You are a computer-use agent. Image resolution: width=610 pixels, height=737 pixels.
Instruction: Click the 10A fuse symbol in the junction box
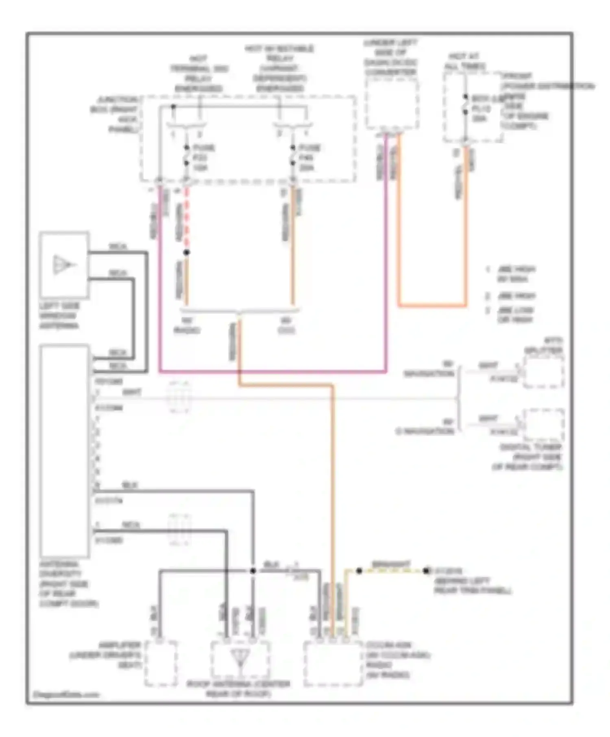186,155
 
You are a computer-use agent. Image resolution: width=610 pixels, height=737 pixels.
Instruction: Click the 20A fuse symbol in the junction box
292,155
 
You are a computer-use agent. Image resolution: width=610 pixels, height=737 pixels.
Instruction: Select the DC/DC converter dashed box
392,104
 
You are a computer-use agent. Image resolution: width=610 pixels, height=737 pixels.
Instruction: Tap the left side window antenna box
64,264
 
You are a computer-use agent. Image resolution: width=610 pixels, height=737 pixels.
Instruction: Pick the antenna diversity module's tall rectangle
65,451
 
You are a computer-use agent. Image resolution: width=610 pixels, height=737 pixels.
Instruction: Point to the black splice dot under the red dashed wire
186,253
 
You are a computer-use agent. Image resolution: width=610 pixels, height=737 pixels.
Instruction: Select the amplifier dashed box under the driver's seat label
161,663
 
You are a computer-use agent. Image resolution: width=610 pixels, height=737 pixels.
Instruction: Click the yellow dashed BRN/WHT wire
392,571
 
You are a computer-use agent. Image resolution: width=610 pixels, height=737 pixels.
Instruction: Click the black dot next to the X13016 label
426,571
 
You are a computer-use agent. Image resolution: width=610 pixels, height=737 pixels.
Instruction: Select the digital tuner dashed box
543,425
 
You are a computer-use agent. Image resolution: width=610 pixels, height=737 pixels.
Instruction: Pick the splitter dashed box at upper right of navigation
543,372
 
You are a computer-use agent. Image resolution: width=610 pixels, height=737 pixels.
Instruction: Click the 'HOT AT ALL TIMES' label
465,61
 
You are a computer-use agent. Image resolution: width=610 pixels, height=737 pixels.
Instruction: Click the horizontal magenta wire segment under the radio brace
272,371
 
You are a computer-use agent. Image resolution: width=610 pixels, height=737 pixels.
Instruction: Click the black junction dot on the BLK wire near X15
253,571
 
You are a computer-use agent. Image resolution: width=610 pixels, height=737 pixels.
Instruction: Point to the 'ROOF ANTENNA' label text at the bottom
238,689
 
